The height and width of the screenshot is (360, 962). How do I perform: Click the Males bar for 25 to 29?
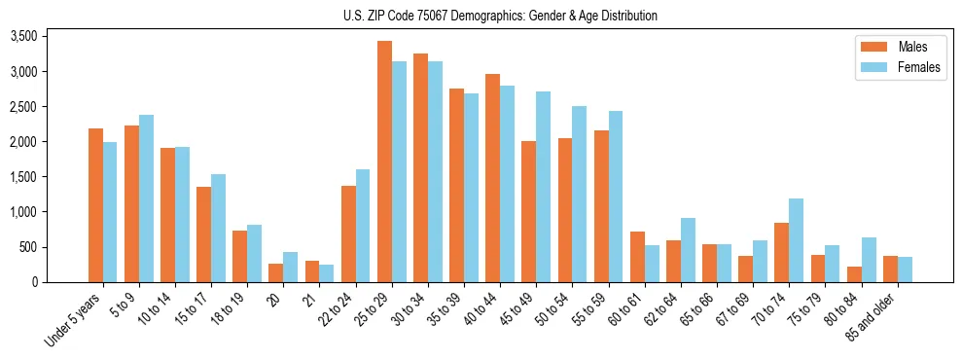click(384, 162)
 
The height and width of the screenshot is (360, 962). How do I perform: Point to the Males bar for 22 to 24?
click(348, 234)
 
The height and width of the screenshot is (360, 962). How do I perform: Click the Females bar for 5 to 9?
click(146, 198)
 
